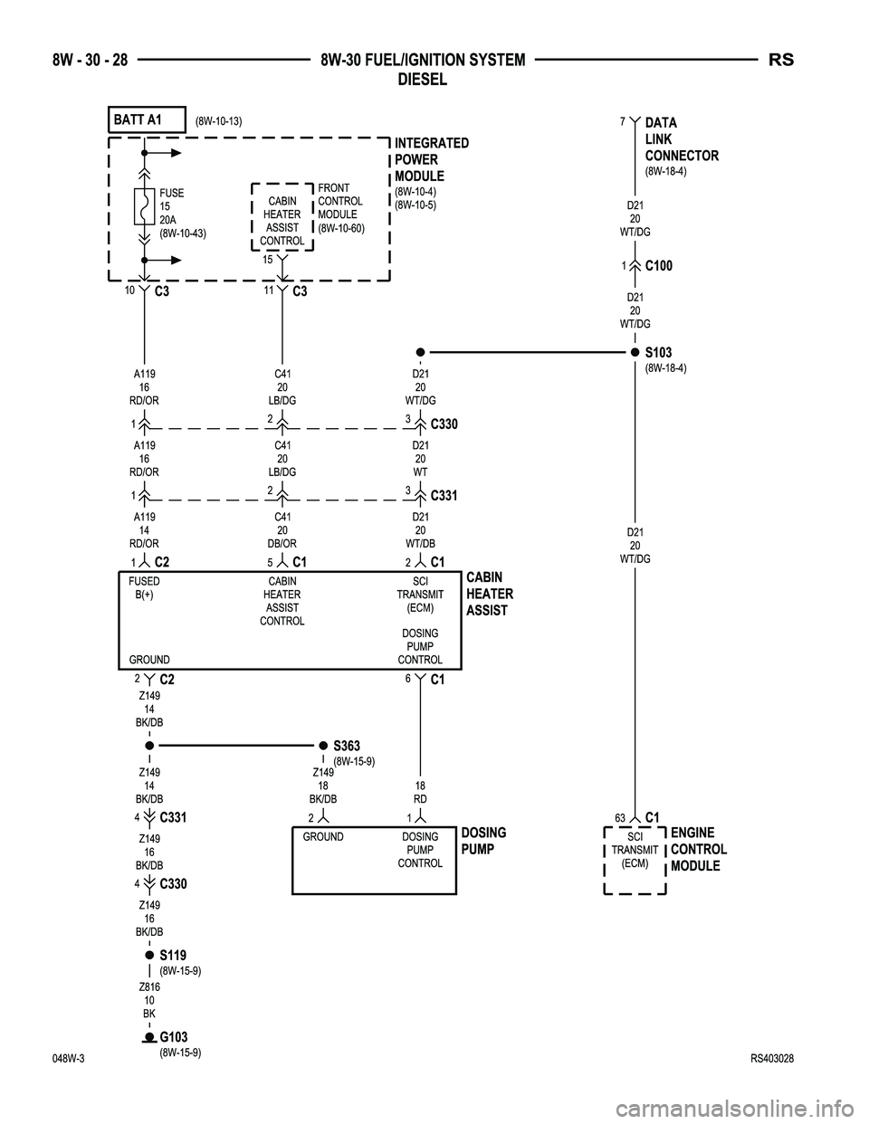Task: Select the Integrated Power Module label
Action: tap(431, 159)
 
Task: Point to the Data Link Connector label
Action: tap(681, 139)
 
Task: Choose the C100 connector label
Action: tap(658, 266)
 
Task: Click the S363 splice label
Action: tap(347, 746)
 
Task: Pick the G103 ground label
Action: tap(175, 1037)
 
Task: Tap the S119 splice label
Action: tap(173, 955)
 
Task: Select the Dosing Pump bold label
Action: tap(483, 841)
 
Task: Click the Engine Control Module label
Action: tap(698, 849)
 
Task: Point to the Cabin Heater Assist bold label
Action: tap(490, 594)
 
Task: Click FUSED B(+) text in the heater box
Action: tap(144, 587)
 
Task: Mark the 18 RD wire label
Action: tap(420, 793)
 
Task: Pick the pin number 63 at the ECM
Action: tap(619, 818)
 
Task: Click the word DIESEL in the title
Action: tap(423, 80)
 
